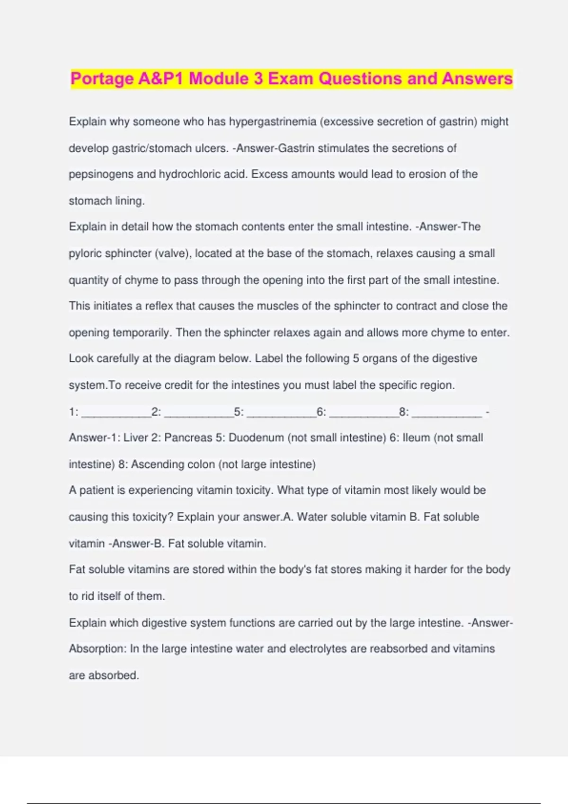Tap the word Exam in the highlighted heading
pyautogui.click(x=290, y=79)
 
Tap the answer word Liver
pyautogui.click(x=135, y=437)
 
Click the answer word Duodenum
pyautogui.click(x=256, y=437)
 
